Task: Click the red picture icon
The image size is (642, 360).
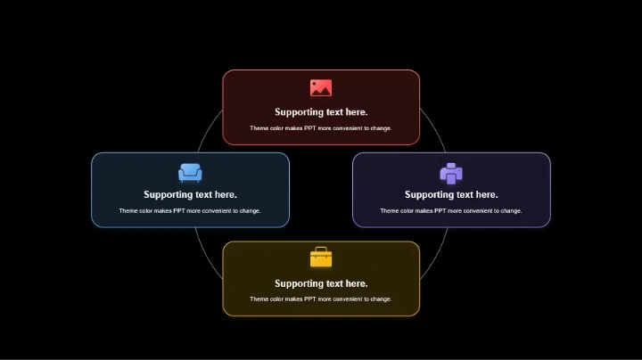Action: (x=321, y=88)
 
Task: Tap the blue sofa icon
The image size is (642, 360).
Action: (x=190, y=173)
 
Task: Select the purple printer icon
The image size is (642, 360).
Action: (x=451, y=173)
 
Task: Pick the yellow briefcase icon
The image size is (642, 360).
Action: (x=321, y=258)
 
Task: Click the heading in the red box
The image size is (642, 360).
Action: (x=321, y=112)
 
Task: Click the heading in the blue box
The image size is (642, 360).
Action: (x=190, y=194)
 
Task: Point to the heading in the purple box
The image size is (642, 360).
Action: (x=451, y=194)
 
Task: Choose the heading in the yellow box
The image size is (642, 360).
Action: (x=321, y=283)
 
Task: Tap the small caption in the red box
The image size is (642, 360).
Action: (x=321, y=128)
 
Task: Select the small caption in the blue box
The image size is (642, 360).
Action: (x=190, y=211)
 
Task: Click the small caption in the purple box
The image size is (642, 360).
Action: (x=451, y=211)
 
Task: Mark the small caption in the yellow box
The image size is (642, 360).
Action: (x=321, y=299)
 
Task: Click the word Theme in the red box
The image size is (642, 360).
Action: (x=259, y=128)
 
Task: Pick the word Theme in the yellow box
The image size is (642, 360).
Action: (x=259, y=299)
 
